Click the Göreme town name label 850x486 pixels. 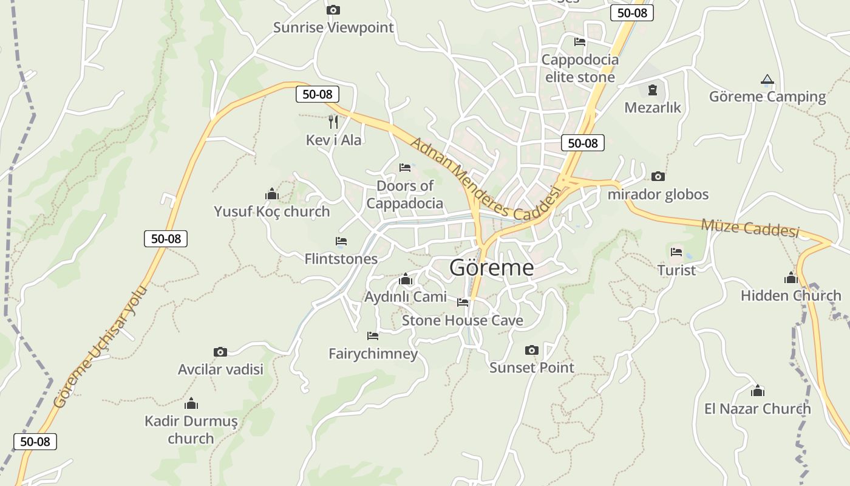(x=492, y=267)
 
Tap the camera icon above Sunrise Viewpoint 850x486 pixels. (x=333, y=10)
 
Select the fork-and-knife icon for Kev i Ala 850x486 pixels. (x=333, y=122)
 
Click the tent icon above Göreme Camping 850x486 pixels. (x=767, y=80)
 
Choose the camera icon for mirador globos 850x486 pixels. (x=658, y=177)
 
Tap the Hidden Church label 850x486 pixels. (x=790, y=296)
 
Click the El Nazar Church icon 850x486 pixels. (x=757, y=391)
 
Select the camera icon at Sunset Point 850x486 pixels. (x=531, y=350)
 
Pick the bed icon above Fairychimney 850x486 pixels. (x=373, y=335)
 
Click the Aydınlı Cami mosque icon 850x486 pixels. (x=406, y=279)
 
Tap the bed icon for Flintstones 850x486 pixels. (x=341, y=241)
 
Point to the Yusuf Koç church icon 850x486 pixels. (x=271, y=194)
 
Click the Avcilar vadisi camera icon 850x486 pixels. (x=220, y=352)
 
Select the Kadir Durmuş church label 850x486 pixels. (x=191, y=430)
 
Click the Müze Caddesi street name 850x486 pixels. (x=750, y=228)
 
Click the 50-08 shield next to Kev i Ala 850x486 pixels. (x=317, y=94)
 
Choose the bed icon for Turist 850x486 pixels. (x=676, y=252)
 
